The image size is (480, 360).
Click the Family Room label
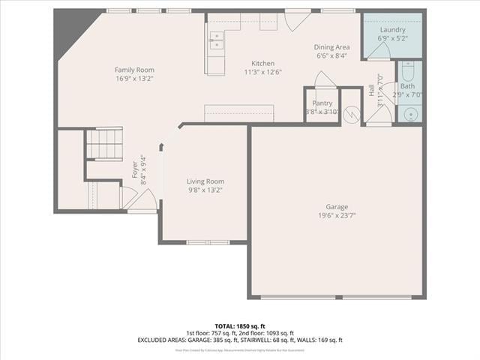(135, 70)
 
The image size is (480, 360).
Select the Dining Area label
(331, 46)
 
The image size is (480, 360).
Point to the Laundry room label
(392, 30)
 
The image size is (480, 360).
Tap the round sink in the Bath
(409, 114)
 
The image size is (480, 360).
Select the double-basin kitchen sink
(215, 40)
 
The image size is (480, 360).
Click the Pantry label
(322, 103)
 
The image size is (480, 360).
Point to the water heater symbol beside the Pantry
(351, 113)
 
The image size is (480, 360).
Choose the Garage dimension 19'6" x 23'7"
(337, 214)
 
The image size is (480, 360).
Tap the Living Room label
(205, 181)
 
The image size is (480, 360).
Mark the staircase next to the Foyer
(104, 143)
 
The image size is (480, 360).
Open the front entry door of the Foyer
(144, 200)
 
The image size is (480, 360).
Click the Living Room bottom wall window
(208, 242)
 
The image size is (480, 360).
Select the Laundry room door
(379, 50)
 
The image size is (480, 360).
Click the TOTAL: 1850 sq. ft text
(239, 325)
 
